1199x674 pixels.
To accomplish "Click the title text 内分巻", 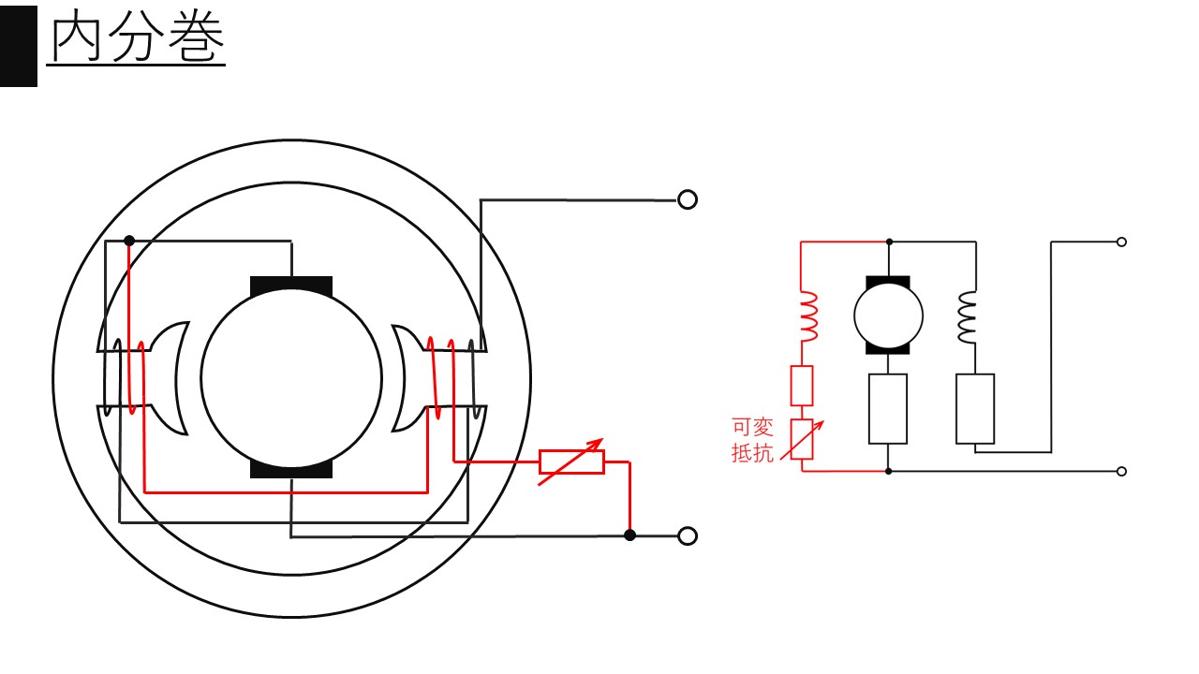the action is [138, 37].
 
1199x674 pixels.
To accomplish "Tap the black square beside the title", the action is [19, 46].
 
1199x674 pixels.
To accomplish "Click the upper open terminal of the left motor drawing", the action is [688, 199].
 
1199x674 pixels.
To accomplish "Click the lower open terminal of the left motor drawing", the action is [688, 535].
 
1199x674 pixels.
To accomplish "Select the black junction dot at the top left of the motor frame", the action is [129, 241].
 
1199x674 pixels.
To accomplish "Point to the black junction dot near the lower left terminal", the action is [630, 535].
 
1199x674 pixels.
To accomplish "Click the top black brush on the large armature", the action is [291, 286].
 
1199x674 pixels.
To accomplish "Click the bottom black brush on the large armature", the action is [291, 469].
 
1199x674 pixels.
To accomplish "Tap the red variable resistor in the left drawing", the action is [571, 462].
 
